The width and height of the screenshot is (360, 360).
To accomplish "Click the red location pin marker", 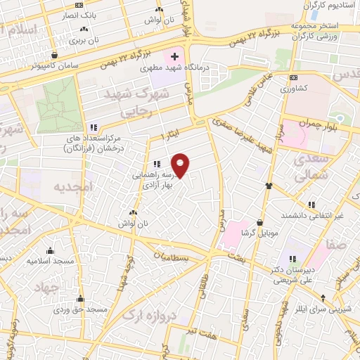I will pyautogui.click(x=181, y=165).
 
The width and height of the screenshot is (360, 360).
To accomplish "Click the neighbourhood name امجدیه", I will pyautogui.click(x=68, y=186).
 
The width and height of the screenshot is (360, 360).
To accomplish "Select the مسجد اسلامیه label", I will pyautogui.click(x=50, y=261).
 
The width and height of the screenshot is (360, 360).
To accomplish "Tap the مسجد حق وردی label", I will pyautogui.click(x=82, y=309).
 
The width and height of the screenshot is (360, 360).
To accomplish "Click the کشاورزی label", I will pyautogui.click(x=293, y=89).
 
